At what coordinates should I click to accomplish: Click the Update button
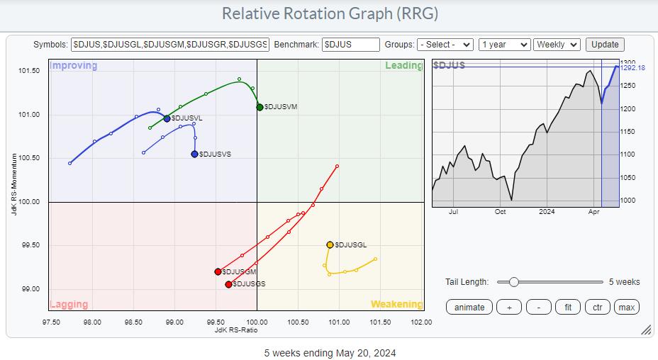(605, 44)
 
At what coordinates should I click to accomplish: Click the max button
(626, 307)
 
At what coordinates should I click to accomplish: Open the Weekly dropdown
(557, 44)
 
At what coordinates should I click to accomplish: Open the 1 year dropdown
(504, 44)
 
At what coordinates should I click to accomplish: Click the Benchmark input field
(351, 44)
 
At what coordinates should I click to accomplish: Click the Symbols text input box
(170, 44)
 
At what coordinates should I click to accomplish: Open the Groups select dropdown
(445, 44)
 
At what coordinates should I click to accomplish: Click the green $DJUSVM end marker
(260, 107)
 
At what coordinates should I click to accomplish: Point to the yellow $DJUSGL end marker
(330, 244)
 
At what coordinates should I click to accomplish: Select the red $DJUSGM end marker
(218, 271)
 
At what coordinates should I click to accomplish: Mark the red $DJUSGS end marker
(228, 284)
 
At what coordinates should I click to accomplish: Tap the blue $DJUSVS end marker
(194, 154)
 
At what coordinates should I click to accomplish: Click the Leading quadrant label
(403, 66)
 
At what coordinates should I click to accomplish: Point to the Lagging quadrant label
(69, 305)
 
